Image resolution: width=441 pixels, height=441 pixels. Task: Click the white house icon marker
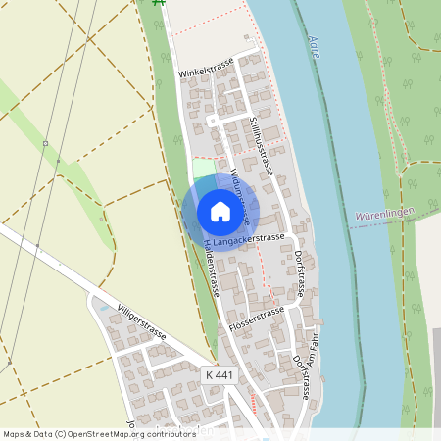(x=220, y=211)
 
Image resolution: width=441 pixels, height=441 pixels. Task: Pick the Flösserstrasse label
(x=257, y=318)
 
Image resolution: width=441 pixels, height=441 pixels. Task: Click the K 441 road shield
(x=220, y=375)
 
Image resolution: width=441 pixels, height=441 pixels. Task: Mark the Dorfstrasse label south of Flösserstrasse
(x=301, y=376)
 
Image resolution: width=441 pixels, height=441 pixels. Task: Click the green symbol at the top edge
(x=160, y=4)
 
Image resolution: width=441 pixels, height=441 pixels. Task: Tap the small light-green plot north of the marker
(x=203, y=169)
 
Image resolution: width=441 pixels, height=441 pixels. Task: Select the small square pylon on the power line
(x=45, y=143)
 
